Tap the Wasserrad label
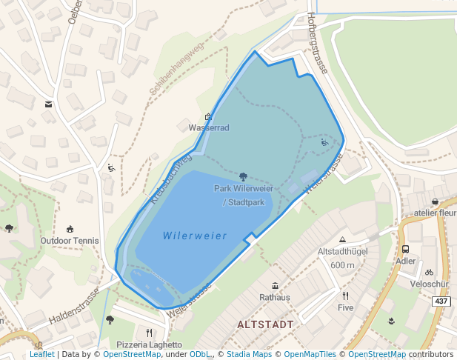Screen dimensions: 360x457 pyautogui.click(x=209, y=127)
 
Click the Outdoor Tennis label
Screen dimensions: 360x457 pyautogui.click(x=70, y=241)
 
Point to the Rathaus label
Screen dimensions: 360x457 pyautogui.click(x=275, y=297)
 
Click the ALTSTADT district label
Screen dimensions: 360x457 pyautogui.click(x=265, y=324)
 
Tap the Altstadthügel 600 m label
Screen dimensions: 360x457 pyautogui.click(x=342, y=258)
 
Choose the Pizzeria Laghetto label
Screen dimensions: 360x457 pyautogui.click(x=150, y=344)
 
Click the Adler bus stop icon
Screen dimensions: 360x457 pyautogui.click(x=406, y=250)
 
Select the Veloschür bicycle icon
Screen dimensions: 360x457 pyautogui.click(x=429, y=273)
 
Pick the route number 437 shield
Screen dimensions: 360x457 pyautogui.click(x=441, y=301)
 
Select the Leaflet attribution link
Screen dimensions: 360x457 pyautogui.click(x=42, y=354)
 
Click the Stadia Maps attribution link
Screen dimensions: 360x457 pyautogui.click(x=249, y=354)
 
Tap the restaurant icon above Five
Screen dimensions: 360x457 pyautogui.click(x=346, y=296)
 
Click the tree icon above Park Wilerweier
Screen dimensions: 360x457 pyautogui.click(x=244, y=177)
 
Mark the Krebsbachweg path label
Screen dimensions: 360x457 pyautogui.click(x=170, y=179)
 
